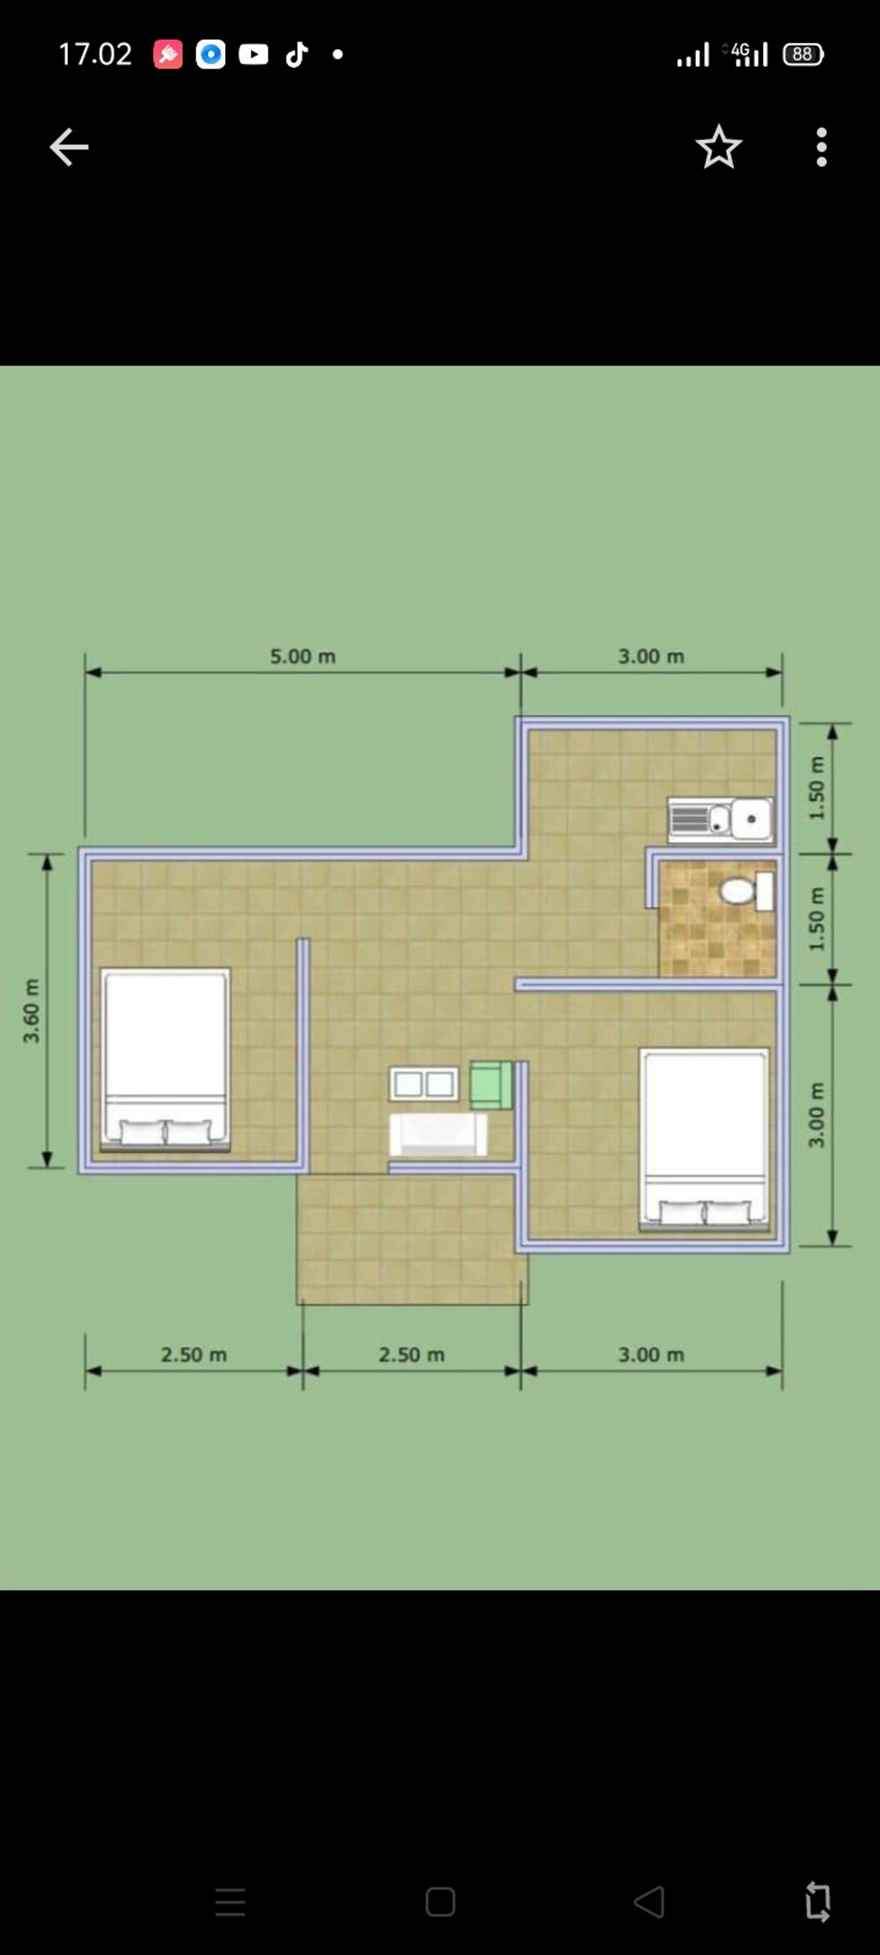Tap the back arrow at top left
click(x=69, y=147)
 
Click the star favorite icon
click(x=719, y=146)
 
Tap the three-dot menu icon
click(x=821, y=147)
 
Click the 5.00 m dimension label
click(x=303, y=656)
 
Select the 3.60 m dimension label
click(x=32, y=1010)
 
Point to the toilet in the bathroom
click(x=746, y=890)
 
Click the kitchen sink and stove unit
click(x=721, y=820)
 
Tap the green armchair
click(x=491, y=1085)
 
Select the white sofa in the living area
click(x=438, y=1134)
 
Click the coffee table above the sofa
click(x=424, y=1084)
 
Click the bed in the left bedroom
click(x=165, y=1059)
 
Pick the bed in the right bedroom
click(x=704, y=1139)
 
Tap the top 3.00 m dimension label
click(x=651, y=656)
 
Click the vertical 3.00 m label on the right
click(x=817, y=1115)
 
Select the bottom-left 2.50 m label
click(x=194, y=1355)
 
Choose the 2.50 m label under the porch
click(x=412, y=1355)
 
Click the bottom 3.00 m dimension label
click(x=651, y=1355)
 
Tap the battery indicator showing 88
click(x=803, y=54)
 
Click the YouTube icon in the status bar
click(x=253, y=55)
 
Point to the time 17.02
click(x=95, y=55)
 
